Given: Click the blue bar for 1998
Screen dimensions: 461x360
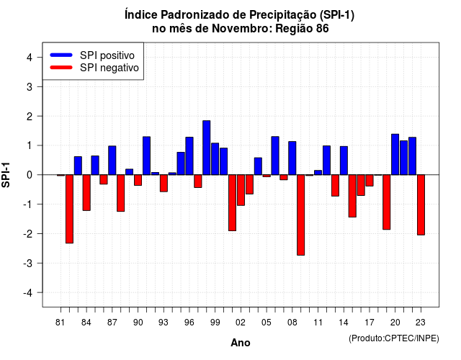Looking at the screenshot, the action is [x=207, y=148].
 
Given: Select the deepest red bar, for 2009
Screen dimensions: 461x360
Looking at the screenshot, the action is [x=301, y=215].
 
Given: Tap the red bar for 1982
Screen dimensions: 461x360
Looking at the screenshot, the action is [x=69, y=209].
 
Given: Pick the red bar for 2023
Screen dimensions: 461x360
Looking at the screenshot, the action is [x=421, y=204].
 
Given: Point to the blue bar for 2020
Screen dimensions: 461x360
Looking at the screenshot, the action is [x=395, y=154].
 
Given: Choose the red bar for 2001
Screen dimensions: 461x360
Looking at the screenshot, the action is [x=232, y=203].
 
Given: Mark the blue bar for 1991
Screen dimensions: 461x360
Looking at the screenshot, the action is [x=146, y=156].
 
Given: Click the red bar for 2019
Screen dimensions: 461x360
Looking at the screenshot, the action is [x=387, y=202].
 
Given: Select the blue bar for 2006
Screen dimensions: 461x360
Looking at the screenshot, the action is [x=275, y=156].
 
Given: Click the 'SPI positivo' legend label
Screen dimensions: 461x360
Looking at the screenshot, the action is [x=107, y=55].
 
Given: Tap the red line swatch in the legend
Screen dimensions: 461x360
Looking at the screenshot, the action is [x=61, y=68].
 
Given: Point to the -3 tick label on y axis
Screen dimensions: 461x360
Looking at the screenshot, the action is [x=28, y=264].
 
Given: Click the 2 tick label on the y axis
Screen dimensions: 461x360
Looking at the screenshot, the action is [x=30, y=117].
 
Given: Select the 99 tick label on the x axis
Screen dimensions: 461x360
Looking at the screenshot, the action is [x=215, y=323].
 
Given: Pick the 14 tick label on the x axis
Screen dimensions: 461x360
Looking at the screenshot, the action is [x=344, y=323].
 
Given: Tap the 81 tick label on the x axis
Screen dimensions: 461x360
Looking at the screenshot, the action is [x=61, y=323].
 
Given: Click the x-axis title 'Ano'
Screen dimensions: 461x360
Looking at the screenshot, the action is [x=241, y=343].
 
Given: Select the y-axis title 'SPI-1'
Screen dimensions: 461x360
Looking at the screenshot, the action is [x=6, y=175].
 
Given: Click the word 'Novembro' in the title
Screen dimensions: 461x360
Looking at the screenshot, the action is [x=242, y=29].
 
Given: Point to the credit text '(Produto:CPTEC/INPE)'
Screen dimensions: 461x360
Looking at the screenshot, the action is [x=394, y=338].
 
